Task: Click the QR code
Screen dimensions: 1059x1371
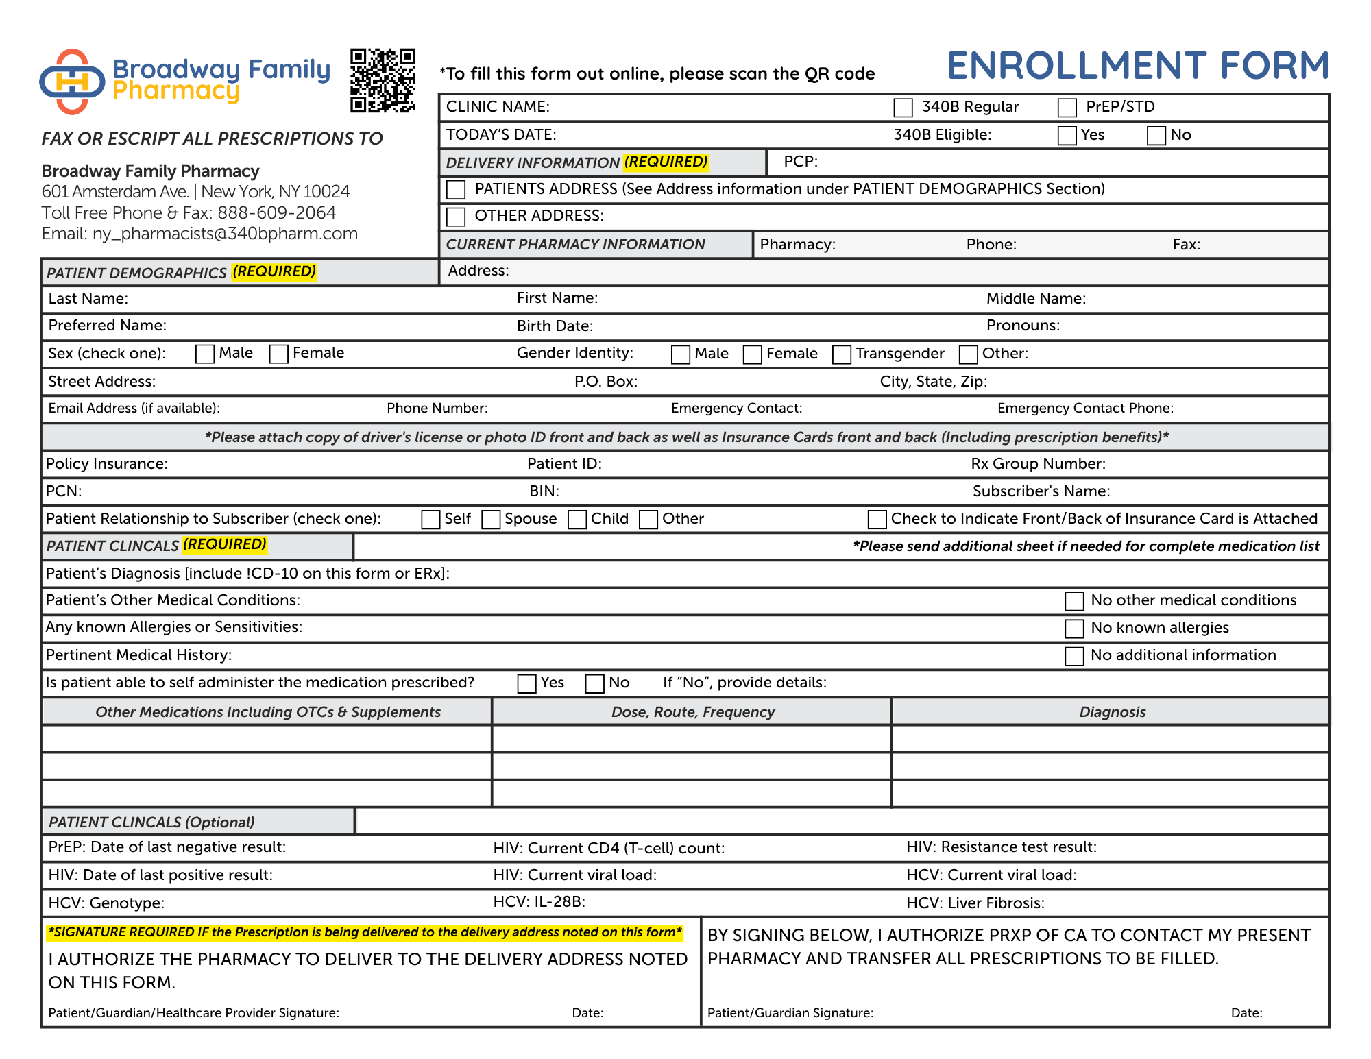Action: (x=383, y=80)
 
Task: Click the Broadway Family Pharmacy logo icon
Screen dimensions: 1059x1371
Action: (x=72, y=82)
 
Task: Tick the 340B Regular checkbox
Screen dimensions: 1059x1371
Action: (x=903, y=108)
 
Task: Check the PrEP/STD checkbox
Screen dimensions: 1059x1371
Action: (x=1067, y=108)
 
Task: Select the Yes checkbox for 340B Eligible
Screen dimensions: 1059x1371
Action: (x=1067, y=136)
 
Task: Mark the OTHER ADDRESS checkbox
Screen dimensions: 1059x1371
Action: (x=456, y=217)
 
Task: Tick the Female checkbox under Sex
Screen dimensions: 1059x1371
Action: (x=278, y=354)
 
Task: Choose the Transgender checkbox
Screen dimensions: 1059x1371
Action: (x=841, y=354)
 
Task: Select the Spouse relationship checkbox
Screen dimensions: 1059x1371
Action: (x=491, y=520)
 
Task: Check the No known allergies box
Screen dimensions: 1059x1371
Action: (x=1074, y=629)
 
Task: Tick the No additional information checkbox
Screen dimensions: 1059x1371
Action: (x=1074, y=656)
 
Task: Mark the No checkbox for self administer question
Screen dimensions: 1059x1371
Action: (x=594, y=683)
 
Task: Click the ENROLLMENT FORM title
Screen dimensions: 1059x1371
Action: (x=1137, y=66)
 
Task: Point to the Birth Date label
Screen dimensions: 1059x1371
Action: (x=555, y=326)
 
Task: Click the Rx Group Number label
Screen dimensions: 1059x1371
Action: (x=1038, y=464)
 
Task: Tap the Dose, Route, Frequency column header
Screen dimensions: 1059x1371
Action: (x=692, y=712)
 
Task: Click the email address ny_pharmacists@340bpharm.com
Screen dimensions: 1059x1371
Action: (x=225, y=234)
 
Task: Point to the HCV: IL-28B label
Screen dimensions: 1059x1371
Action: (x=539, y=902)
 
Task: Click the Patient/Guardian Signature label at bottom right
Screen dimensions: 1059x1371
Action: (x=790, y=1013)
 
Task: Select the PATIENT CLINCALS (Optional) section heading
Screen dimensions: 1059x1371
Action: (x=151, y=823)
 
